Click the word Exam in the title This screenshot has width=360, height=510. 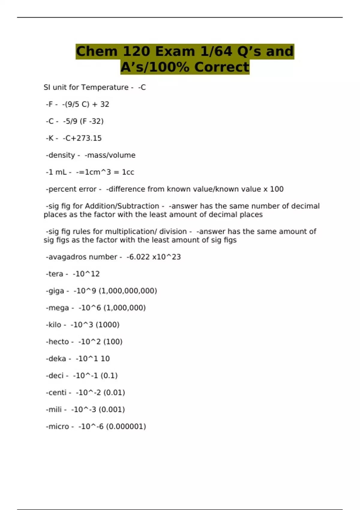click(x=175, y=51)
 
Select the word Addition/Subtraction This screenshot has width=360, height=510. click(x=122, y=206)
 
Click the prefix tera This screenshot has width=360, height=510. click(x=55, y=274)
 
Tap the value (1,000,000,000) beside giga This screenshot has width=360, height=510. click(x=128, y=291)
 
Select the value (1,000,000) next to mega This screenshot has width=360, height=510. click(x=124, y=308)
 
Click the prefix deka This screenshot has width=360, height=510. click(x=57, y=359)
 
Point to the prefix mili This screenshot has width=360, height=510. click(x=54, y=409)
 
